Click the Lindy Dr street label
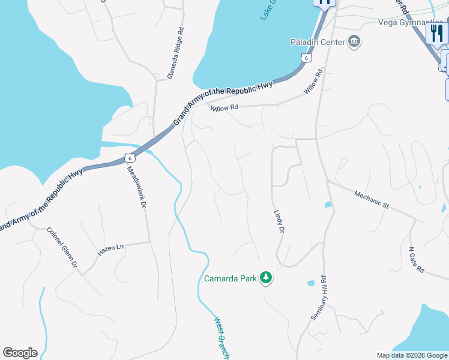[x=279, y=221]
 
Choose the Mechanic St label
[x=372, y=199]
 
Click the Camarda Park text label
[x=230, y=278]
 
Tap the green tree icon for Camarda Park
[x=265, y=278]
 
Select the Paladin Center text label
[x=318, y=42]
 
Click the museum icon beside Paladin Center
[x=354, y=42]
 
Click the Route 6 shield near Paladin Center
[x=306, y=58]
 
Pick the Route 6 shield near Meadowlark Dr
[x=129, y=158]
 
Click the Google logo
[x=20, y=353]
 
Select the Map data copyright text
[x=412, y=355]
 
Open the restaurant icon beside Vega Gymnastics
[x=437, y=33]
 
